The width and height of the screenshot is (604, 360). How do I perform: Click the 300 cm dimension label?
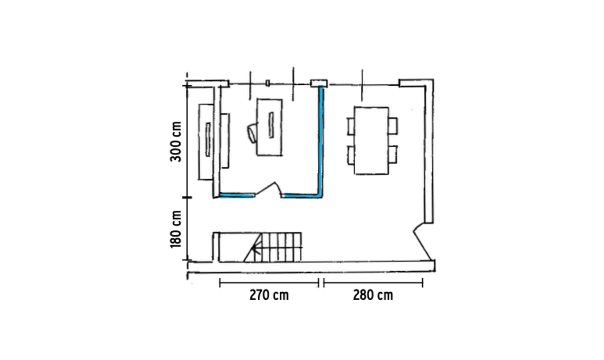point(176,142)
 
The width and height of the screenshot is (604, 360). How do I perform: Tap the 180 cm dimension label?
point(176,229)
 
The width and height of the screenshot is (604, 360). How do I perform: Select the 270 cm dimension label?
point(269,295)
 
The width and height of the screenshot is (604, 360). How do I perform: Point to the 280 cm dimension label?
point(373,295)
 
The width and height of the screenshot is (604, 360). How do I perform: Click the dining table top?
point(371,140)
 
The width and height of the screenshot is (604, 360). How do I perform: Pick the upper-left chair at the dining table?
point(351,127)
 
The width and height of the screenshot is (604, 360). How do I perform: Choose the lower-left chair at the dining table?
point(351,155)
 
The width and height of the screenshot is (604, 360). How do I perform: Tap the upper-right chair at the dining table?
point(393,127)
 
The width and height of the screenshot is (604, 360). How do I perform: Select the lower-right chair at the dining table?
point(393,155)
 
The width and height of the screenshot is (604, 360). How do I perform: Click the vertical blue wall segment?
point(321,140)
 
